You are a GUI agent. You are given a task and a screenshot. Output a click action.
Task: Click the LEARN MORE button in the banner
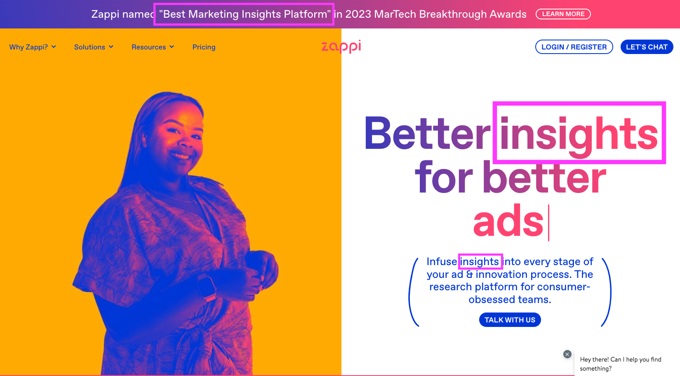pyautogui.click(x=563, y=14)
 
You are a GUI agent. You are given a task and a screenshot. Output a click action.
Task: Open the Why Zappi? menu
pyautogui.click(x=33, y=47)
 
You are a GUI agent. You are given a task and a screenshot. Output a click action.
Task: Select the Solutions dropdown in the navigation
pyautogui.click(x=94, y=47)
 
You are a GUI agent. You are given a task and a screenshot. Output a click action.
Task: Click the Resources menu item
pyautogui.click(x=153, y=47)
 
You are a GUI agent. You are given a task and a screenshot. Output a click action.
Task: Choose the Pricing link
pyautogui.click(x=204, y=47)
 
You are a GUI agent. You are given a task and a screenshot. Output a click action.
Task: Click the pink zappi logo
pyautogui.click(x=341, y=47)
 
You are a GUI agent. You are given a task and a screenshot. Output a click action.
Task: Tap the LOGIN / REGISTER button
pyautogui.click(x=574, y=47)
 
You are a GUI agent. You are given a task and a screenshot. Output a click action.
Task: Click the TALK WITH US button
pyautogui.click(x=510, y=320)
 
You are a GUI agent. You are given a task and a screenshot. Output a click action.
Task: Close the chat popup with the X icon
pyautogui.click(x=567, y=354)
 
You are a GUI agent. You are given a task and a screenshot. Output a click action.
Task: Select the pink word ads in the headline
pyautogui.click(x=508, y=221)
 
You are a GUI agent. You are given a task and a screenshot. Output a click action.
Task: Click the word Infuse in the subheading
pyautogui.click(x=442, y=261)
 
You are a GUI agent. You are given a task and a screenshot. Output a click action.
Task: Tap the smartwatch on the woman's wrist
pyautogui.click(x=207, y=287)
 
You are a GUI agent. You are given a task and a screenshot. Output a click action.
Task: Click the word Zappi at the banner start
pyautogui.click(x=105, y=14)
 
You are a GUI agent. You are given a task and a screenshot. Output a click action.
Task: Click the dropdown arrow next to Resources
pyautogui.click(x=172, y=47)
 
